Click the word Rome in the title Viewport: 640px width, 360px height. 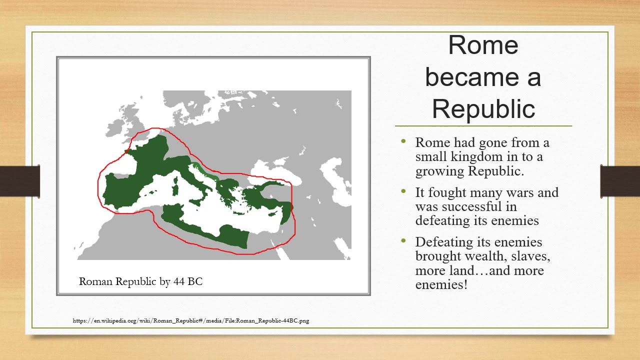click(483, 45)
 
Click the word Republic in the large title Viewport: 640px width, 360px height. click(483, 109)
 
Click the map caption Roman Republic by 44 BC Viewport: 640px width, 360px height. click(140, 281)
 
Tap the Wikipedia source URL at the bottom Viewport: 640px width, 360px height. click(190, 320)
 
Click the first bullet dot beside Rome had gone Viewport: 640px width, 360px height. click(403, 141)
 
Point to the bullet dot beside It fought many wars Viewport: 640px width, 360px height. click(403, 191)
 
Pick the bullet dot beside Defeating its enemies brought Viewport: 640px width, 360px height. click(403, 241)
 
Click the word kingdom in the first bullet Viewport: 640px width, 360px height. click(474, 156)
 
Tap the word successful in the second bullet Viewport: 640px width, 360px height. click(474, 206)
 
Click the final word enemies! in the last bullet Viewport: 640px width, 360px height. click(441, 285)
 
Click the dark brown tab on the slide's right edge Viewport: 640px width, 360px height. click(620, 180)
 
